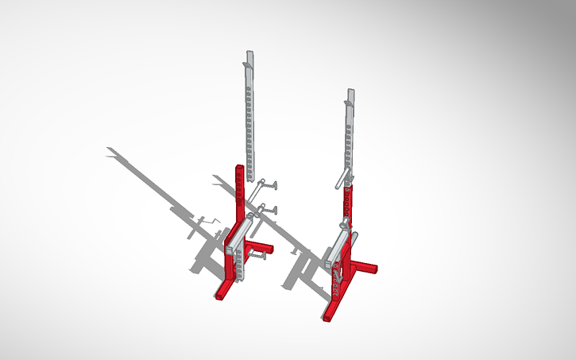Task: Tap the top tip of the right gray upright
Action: (x=350, y=91)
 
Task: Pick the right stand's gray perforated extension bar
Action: (x=349, y=139)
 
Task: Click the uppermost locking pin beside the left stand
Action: (x=270, y=186)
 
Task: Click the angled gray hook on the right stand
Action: (x=342, y=176)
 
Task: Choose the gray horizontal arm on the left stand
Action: (x=239, y=234)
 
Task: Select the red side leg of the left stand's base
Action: (x=261, y=248)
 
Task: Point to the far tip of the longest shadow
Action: (x=108, y=149)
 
